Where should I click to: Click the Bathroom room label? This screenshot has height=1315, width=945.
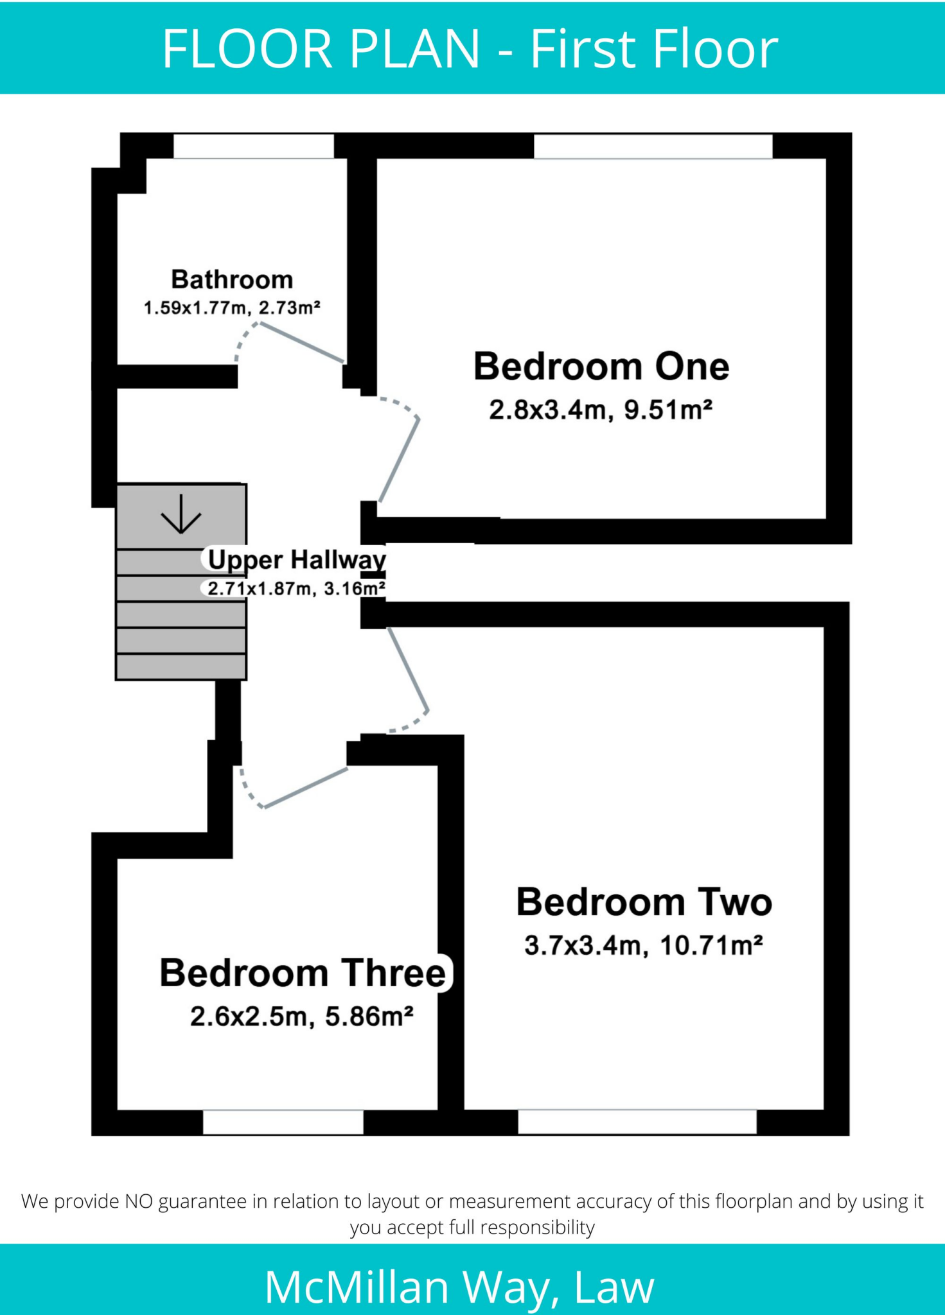pos(232,280)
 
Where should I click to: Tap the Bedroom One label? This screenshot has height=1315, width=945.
pos(601,367)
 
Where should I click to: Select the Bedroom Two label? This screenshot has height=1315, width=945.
pos(644,902)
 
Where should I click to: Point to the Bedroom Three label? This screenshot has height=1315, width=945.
pos(303,973)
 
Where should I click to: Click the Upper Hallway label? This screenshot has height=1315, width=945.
pos(297,559)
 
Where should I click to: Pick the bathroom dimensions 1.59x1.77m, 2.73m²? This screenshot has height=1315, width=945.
pos(232,308)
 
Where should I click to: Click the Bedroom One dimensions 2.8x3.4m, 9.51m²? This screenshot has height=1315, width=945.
pos(601,410)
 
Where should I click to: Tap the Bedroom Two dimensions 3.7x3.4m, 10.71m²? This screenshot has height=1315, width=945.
pos(644,945)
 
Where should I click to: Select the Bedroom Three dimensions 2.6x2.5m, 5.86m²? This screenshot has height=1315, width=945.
pos(302,1016)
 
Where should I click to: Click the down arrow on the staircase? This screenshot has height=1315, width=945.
pos(181,514)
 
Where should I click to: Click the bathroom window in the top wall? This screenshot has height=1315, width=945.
pos(254,146)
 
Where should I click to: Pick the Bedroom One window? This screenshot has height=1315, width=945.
pos(653,146)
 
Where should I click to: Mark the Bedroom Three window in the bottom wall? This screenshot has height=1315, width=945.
pos(283,1122)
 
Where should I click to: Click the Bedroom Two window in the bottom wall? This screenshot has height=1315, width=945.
pos(637,1122)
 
